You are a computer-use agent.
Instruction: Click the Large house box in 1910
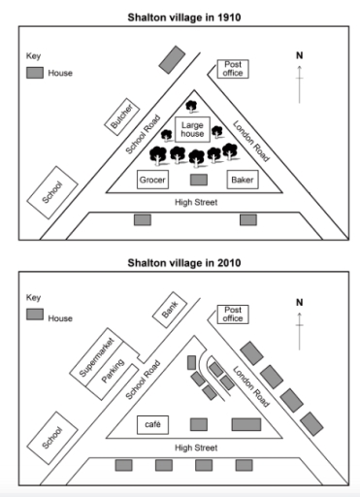coord(190,128)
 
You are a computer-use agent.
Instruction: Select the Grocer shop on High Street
coord(152,180)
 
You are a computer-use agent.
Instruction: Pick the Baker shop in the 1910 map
coord(242,180)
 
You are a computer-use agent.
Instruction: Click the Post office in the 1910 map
coord(234,69)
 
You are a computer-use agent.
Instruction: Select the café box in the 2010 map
coord(152,424)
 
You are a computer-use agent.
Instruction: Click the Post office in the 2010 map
coord(234,315)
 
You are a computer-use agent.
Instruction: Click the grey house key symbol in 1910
coord(36,73)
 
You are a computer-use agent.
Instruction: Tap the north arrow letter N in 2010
coord(300,302)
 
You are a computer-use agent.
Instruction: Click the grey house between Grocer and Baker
coord(199,180)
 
